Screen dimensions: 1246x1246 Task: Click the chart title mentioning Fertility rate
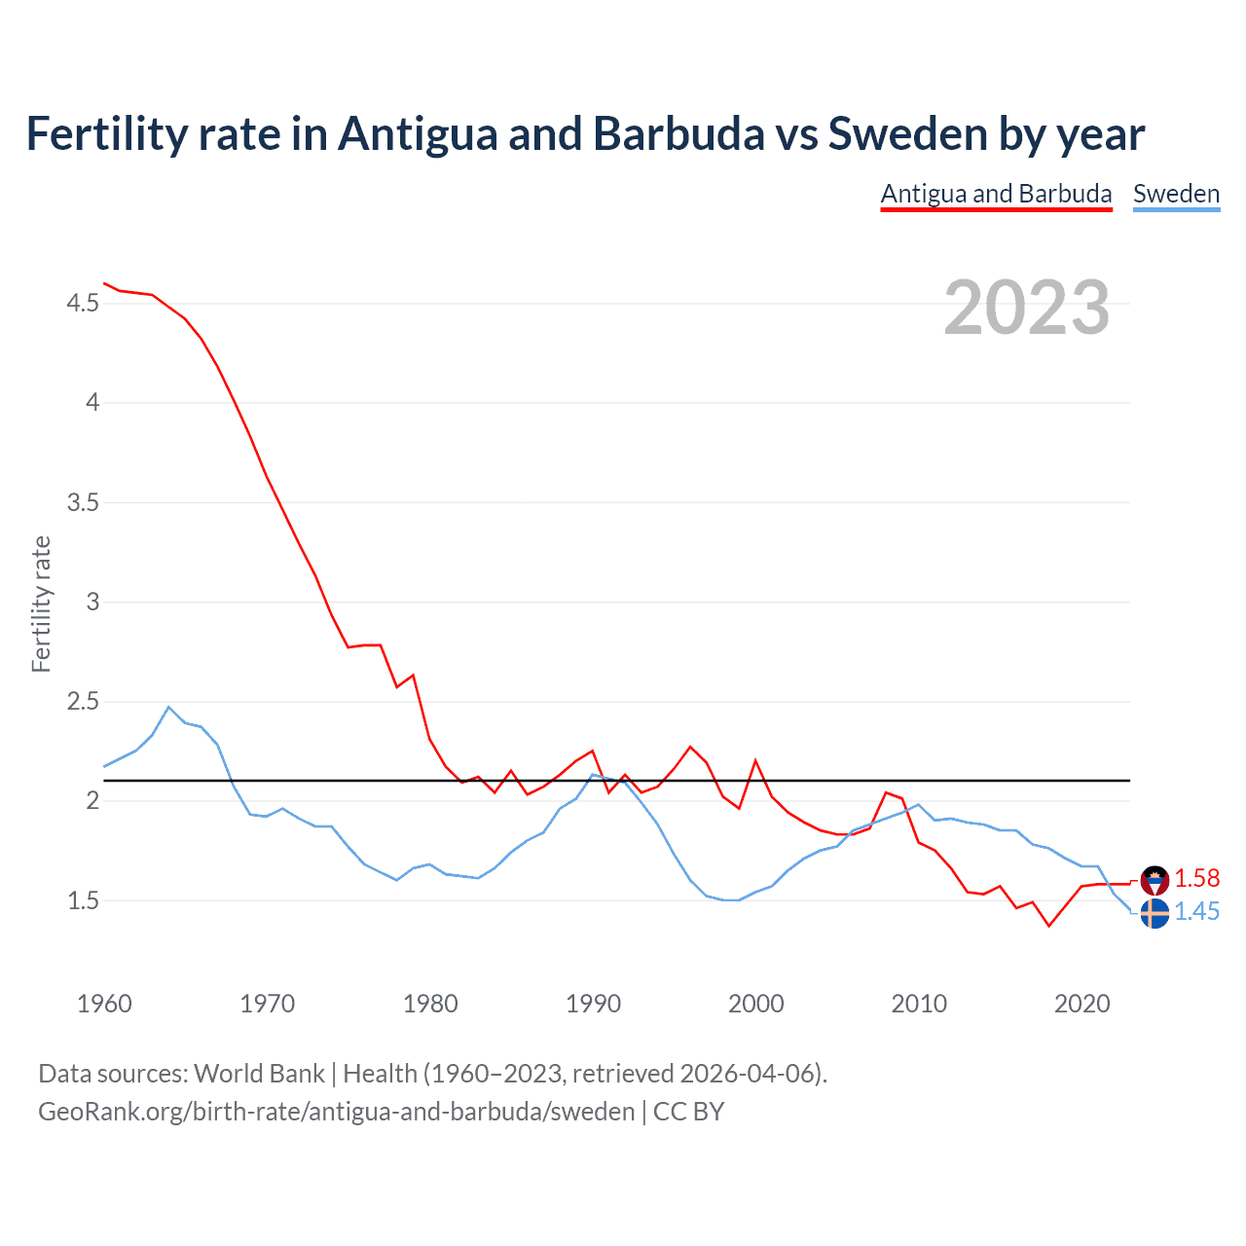coord(585,134)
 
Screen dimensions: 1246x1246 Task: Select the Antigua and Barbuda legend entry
coord(996,194)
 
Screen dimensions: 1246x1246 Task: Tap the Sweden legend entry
coord(1176,194)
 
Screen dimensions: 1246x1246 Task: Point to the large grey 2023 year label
coord(1026,308)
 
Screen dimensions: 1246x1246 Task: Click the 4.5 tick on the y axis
coord(83,304)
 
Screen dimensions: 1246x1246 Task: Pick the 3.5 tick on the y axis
coord(83,502)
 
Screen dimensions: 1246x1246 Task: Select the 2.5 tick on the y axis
coord(83,702)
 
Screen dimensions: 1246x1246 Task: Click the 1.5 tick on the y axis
coord(83,900)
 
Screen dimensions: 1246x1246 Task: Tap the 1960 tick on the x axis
coord(104,1004)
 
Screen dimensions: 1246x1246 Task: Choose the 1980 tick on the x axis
coord(430,1004)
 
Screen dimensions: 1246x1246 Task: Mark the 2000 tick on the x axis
coord(756,1004)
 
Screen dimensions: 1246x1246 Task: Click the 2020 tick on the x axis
coord(1081,1004)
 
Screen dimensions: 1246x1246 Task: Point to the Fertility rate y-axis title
coord(41,604)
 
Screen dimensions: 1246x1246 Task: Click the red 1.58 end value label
coord(1196,878)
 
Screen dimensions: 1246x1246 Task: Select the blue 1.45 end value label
coord(1196,912)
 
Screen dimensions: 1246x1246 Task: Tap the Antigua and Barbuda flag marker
coord(1154,880)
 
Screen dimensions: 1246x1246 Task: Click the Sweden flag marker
coord(1154,914)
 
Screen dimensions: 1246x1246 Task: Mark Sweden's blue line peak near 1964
coord(169,707)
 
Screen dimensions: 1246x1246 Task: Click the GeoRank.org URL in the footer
coord(336,1112)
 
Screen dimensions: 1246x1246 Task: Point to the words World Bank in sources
coord(259,1074)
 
